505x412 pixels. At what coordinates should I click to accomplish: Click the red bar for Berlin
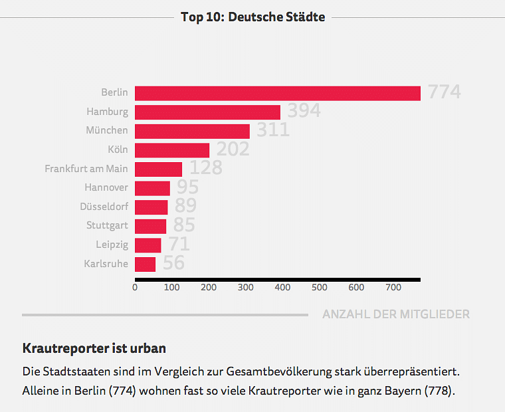[x=278, y=93]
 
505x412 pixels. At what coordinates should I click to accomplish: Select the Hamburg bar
[x=207, y=112]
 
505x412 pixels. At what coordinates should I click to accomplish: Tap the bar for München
[x=192, y=131]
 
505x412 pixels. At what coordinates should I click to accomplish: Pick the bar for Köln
[x=172, y=150]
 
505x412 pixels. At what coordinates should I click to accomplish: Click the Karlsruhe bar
[x=145, y=264]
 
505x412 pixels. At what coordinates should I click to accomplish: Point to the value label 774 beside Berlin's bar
[x=444, y=92]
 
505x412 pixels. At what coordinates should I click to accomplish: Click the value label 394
[x=304, y=111]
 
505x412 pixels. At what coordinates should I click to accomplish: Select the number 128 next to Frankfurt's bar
[x=205, y=167]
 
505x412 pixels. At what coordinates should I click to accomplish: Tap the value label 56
[x=173, y=263]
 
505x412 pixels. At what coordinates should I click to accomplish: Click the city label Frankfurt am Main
[x=86, y=169]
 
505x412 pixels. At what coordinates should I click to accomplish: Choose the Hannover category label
[x=106, y=188]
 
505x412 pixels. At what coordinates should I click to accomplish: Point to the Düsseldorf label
[x=104, y=207]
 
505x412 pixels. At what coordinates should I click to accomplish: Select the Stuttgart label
[x=107, y=226]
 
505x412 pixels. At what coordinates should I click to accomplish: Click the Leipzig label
[x=112, y=245]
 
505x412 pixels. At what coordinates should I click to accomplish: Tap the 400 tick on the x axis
[x=282, y=288]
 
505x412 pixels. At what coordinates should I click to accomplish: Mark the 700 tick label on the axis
[x=393, y=288]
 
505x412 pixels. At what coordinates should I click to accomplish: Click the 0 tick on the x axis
[x=135, y=288]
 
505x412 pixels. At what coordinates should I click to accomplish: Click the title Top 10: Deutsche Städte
[x=252, y=17]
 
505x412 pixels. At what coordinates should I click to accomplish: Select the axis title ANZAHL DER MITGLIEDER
[x=396, y=314]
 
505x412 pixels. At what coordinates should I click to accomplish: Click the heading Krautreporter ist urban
[x=94, y=348]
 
